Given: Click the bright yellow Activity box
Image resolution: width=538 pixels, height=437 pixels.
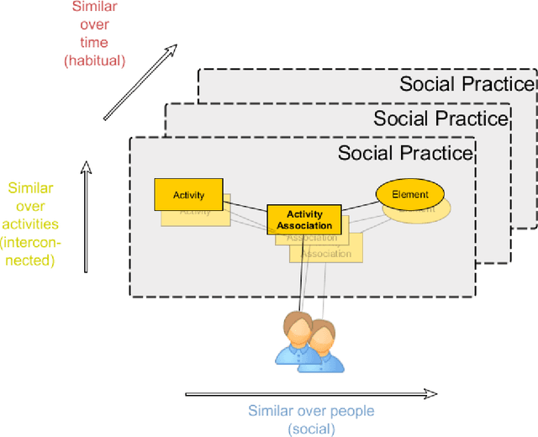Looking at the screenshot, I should [188, 194].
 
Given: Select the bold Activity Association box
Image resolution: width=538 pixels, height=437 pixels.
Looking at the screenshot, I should [304, 219].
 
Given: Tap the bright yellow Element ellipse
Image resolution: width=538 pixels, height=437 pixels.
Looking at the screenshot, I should [409, 194].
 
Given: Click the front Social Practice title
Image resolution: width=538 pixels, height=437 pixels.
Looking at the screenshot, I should [405, 153].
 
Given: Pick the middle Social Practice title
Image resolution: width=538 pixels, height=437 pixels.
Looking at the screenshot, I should [440, 118].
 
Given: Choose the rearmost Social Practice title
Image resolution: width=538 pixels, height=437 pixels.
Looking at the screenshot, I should [467, 84].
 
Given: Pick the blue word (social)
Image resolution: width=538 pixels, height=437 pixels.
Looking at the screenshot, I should [310, 429].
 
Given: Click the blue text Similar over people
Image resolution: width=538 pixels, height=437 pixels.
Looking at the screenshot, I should [310, 411].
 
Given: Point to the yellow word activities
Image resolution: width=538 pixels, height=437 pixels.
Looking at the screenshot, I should [30, 224].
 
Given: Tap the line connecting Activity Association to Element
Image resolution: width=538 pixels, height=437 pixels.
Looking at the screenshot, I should [359, 205].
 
